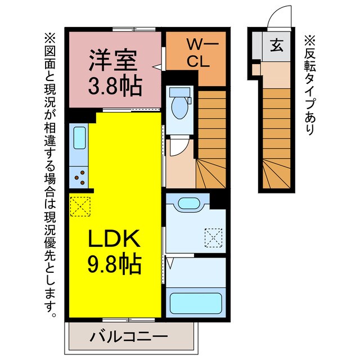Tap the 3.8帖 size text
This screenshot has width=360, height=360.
[x=115, y=85]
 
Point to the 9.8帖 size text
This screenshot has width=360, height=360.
[x=114, y=263]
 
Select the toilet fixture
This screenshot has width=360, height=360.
[x=181, y=105]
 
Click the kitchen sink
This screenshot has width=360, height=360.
[x=79, y=138]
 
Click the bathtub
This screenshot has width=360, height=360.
[x=195, y=303]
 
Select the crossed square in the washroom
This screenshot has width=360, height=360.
[x=214, y=237]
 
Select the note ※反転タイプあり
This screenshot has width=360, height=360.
[x=309, y=84]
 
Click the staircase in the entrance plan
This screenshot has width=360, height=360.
[x=277, y=135]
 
